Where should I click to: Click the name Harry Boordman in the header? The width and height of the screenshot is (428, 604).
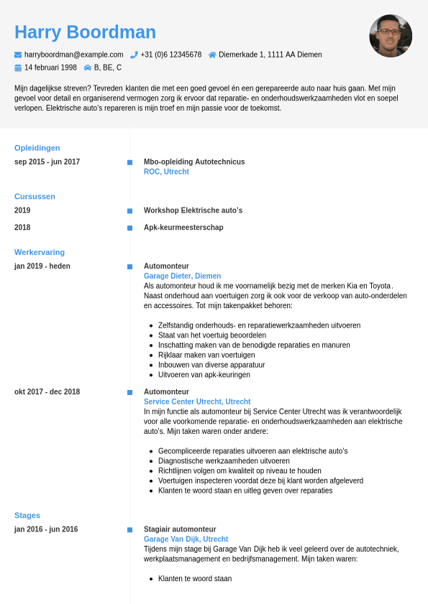[x=85, y=32]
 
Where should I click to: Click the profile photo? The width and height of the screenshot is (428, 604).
[x=391, y=36]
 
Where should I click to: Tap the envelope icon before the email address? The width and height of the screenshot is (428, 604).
[x=18, y=55]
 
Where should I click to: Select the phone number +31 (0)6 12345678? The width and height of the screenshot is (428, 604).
[x=170, y=55]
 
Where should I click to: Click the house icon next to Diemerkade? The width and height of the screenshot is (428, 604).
[x=212, y=55]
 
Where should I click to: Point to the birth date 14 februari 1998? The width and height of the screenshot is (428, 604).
[x=50, y=68]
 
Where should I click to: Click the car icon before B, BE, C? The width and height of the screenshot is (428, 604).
[x=88, y=68]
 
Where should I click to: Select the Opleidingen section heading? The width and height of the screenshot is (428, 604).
[x=37, y=148]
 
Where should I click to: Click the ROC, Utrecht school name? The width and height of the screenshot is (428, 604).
[x=166, y=172]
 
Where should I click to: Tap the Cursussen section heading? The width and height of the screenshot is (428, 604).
[x=35, y=196]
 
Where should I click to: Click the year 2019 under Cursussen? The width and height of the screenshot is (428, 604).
[x=22, y=210]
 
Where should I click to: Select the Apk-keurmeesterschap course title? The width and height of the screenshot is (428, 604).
[x=183, y=228]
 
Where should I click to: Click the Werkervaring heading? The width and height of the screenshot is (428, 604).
[x=40, y=252]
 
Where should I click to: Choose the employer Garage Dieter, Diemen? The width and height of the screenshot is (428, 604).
[x=182, y=276]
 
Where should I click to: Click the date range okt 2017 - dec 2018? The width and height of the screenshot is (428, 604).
[x=47, y=392]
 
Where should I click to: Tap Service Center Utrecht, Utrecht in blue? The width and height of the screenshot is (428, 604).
[x=197, y=402]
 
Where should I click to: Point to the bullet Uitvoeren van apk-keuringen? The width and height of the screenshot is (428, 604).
[x=204, y=375]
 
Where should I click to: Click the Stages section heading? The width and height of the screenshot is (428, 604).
[x=27, y=515]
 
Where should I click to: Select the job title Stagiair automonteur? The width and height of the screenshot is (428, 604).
[x=180, y=529]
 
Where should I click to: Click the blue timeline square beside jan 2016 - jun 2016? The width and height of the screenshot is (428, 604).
[x=129, y=529]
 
